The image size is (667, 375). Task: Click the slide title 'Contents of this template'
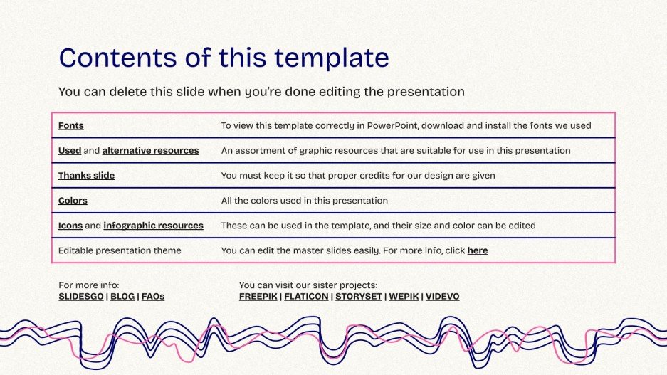(224, 58)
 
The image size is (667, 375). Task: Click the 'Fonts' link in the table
(70, 126)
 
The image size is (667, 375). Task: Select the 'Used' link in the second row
(69, 151)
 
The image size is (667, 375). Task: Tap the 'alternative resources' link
(150, 151)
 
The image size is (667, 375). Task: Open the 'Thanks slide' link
(86, 176)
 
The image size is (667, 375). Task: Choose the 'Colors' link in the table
(73, 201)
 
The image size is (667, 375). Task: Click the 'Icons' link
(70, 226)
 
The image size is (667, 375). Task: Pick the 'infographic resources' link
(153, 226)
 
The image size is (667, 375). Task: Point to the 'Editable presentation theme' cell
(120, 250)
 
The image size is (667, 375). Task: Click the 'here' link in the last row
(477, 250)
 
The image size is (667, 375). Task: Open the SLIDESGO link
(81, 297)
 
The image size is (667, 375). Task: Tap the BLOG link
(122, 297)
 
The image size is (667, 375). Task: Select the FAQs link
(153, 297)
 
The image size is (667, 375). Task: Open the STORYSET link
(358, 297)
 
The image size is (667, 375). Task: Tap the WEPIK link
(403, 297)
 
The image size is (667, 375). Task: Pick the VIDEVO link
(443, 297)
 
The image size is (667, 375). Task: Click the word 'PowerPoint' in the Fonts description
(391, 126)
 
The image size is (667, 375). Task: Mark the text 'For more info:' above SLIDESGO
(89, 285)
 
